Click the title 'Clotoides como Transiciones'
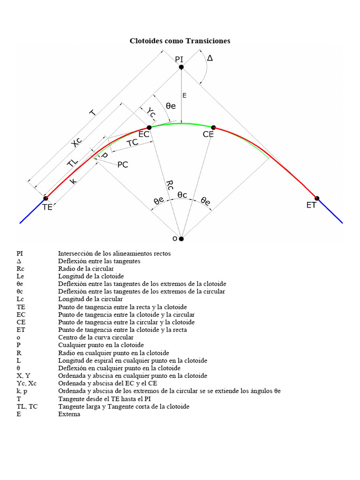coord(180,41)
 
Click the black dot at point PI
coord(181,67)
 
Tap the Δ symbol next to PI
coord(210,58)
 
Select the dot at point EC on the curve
coord(149,127)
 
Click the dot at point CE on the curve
coord(213,127)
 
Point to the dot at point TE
coord(45,198)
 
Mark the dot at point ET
coord(316,198)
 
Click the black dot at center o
coord(181,239)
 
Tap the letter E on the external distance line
coord(184,96)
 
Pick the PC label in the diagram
coord(123,165)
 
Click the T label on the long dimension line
coord(93,112)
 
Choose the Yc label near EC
coord(150,112)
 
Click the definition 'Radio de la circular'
coord(86,269)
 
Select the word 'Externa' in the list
coord(69,414)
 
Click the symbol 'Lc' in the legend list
coord(20,299)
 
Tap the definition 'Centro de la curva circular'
coord(96,337)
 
